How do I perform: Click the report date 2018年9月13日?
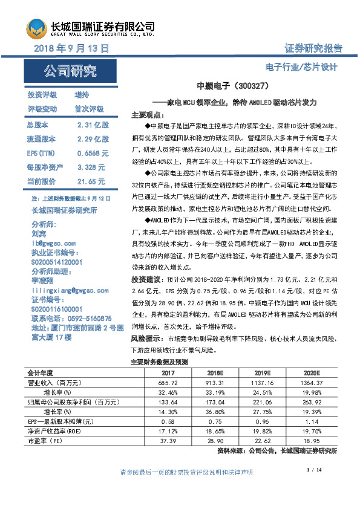coord(71,47)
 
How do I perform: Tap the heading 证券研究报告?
coord(312,48)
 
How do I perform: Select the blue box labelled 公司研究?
coord(70,71)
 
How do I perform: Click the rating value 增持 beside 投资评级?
coord(82,95)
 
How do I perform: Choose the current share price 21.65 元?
coord(91,181)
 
